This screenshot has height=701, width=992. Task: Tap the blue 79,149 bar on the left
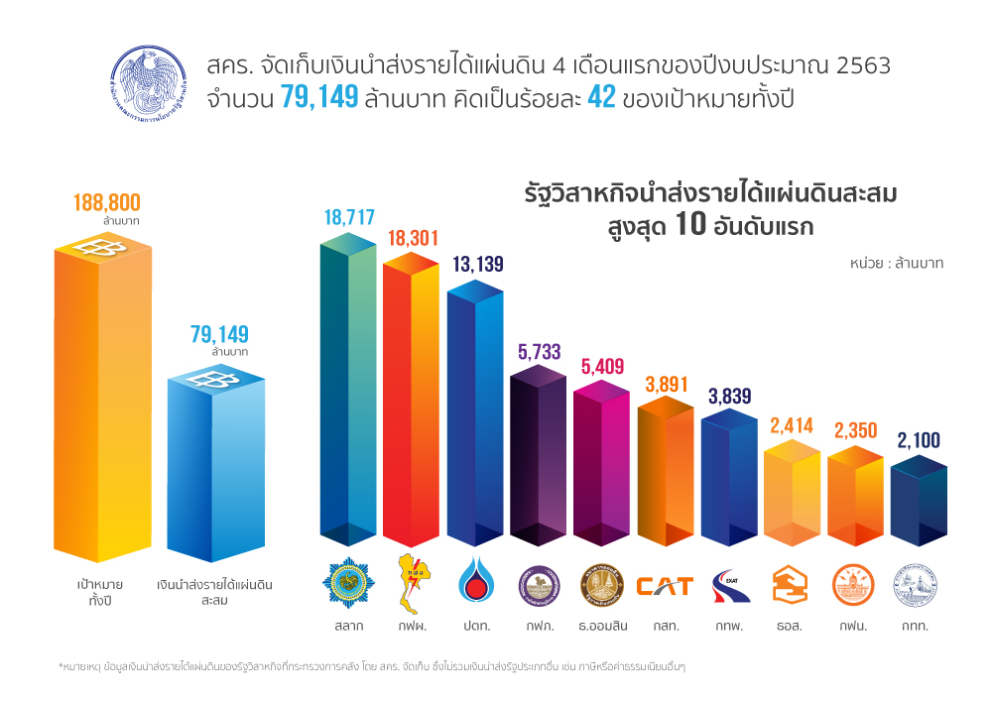pos(215,466)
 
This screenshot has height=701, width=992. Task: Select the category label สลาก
pos(348,627)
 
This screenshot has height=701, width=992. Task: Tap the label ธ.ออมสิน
pos(601,627)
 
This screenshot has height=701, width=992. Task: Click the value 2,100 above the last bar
pos(919,440)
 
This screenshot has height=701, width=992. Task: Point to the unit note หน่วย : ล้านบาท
pos(896,264)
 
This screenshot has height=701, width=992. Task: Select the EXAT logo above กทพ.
pos(729,585)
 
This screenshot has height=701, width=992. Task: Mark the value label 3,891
pos(665,385)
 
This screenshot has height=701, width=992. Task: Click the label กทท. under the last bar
pos(916,627)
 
